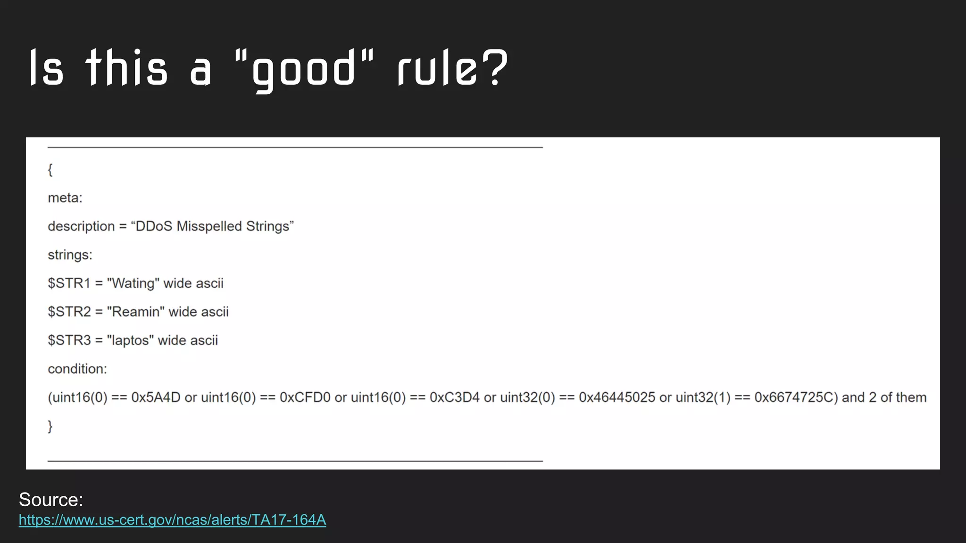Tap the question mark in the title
coord(495,67)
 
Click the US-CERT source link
coord(172,519)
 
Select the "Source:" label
coord(51,500)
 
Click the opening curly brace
coord(50,169)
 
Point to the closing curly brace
coord(50,426)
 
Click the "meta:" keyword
coord(65,198)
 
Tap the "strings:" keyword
coord(70,255)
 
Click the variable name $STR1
coord(69,283)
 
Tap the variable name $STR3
coord(69,340)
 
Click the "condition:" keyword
coord(77,369)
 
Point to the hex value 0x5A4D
coord(156,397)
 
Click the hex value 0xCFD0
coord(305,397)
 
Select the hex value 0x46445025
coord(616,397)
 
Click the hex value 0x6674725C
coord(794,397)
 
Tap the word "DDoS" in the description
coord(154,226)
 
